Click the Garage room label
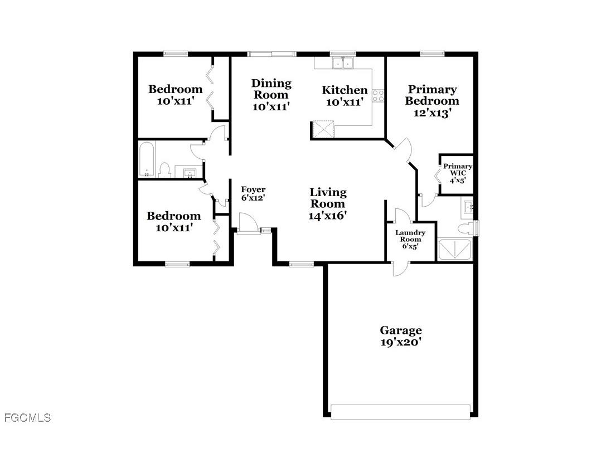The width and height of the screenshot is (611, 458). (400, 330)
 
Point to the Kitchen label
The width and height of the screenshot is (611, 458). (345, 90)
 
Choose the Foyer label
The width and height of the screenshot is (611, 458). (253, 190)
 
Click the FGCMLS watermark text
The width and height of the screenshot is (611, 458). (27, 417)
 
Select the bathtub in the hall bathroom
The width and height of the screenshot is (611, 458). (146, 159)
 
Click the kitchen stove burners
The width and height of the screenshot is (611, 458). (379, 95)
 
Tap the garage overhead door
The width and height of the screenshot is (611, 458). (400, 411)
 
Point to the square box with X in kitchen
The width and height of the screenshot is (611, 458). (323, 129)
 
